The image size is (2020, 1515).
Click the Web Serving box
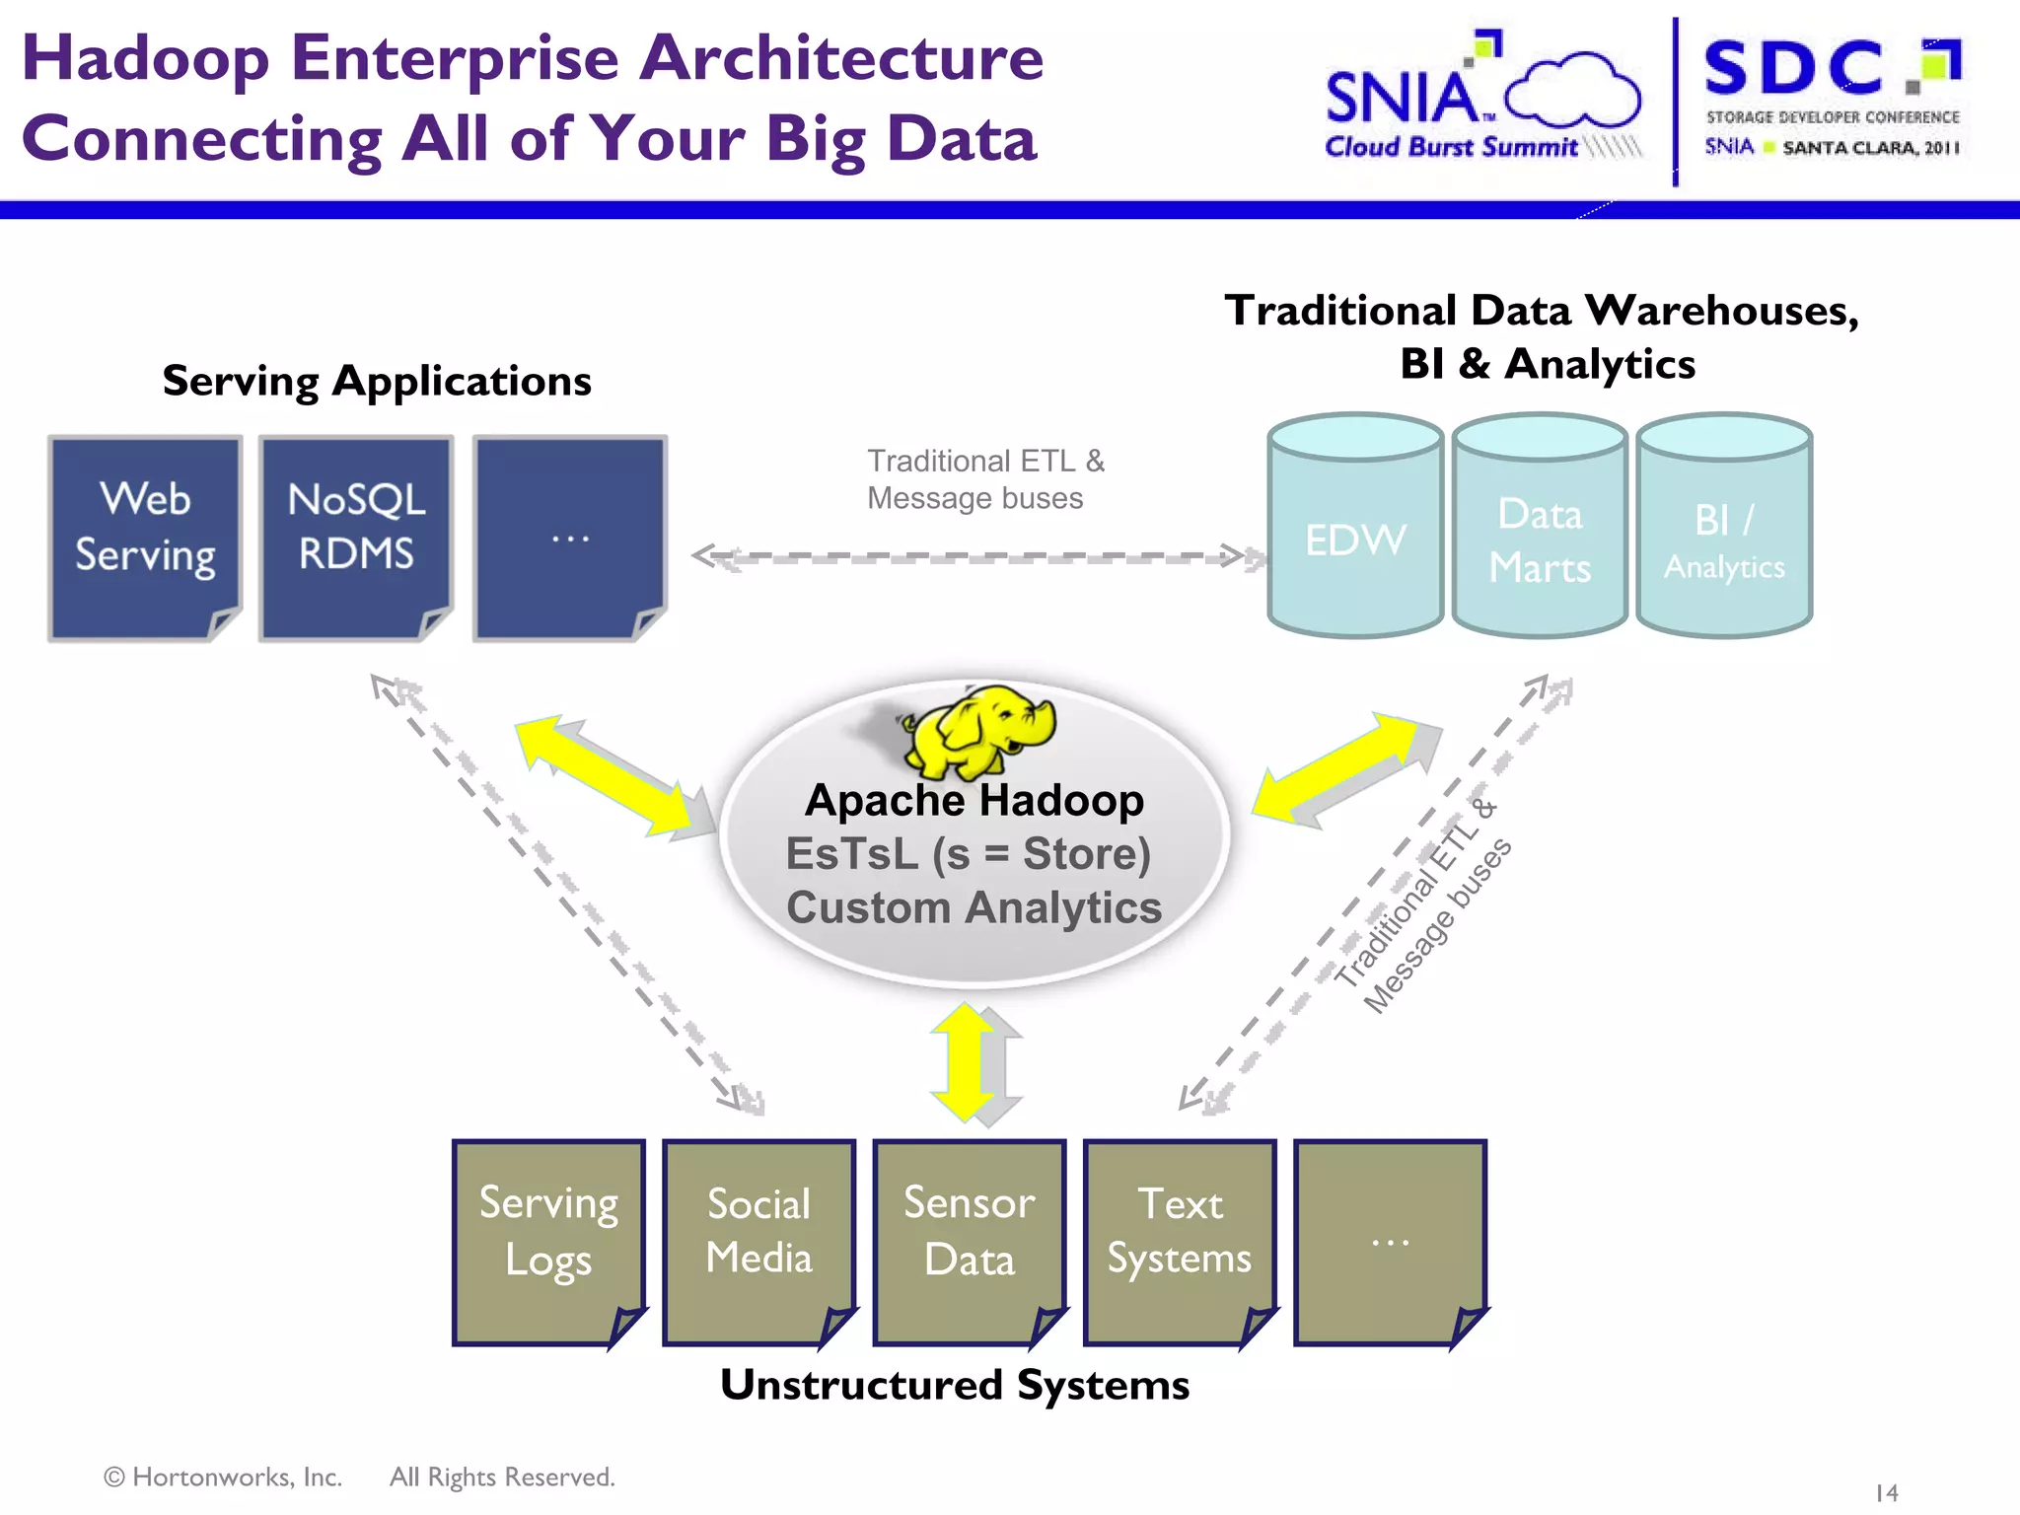pyautogui.click(x=145, y=538)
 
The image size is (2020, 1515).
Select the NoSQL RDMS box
pyautogui.click(x=356, y=538)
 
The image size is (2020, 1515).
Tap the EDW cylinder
pyautogui.click(x=1355, y=539)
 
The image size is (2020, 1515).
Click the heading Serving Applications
pyautogui.click(x=377, y=381)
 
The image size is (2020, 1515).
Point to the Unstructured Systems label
pyautogui.click(x=955, y=1385)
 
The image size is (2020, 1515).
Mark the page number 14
pyautogui.click(x=1886, y=1492)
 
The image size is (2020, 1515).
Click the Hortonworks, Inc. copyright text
pyautogui.click(x=224, y=1477)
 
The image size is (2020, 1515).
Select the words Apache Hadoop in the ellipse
pyautogui.click(x=974, y=800)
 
